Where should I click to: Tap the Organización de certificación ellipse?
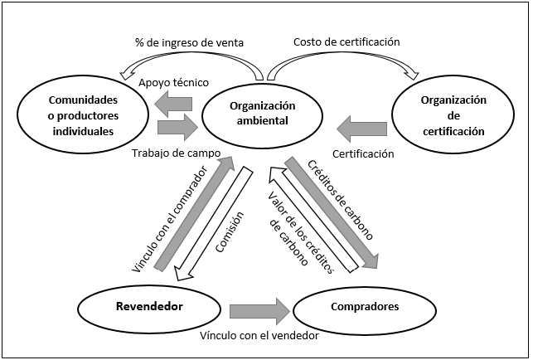[x=453, y=114]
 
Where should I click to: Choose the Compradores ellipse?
[x=364, y=307]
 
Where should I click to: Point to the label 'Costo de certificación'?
[x=346, y=42]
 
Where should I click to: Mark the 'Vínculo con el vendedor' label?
[x=259, y=336]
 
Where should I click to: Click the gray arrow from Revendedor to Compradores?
[x=259, y=310]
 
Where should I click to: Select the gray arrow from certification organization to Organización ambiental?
[x=362, y=129]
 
